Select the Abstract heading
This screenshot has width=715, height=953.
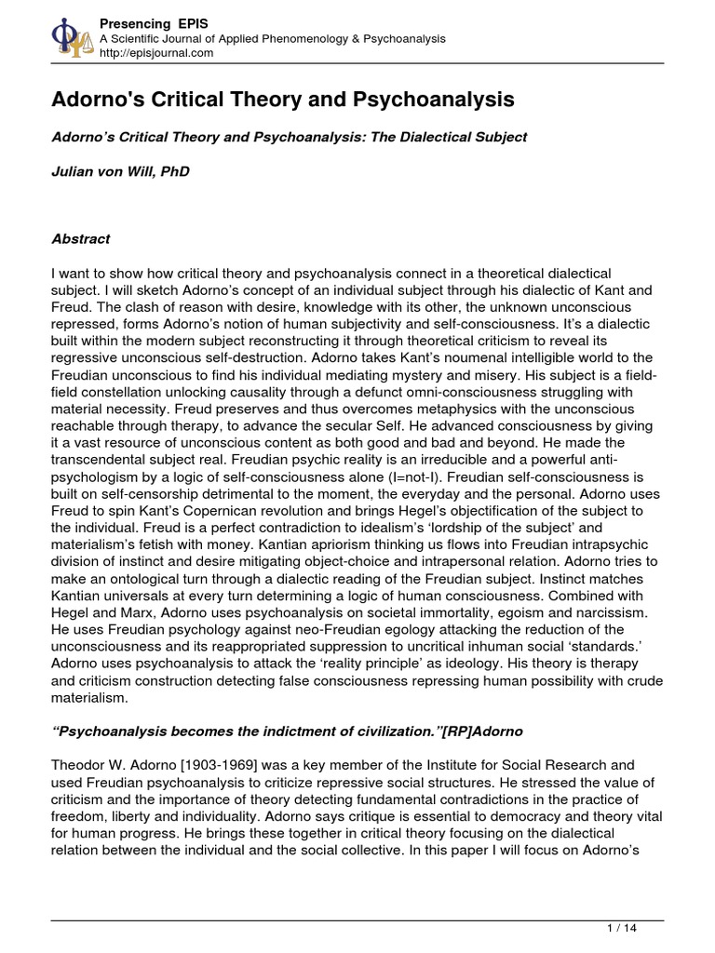point(80,239)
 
